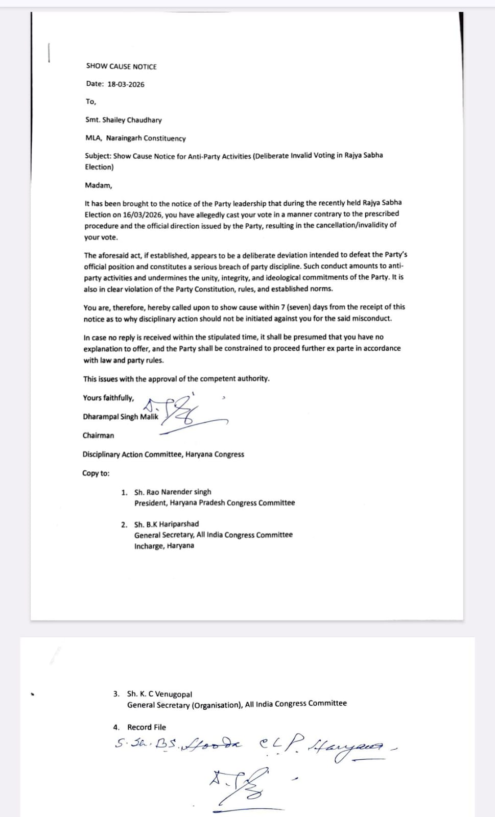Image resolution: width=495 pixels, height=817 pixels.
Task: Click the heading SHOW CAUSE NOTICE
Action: [x=121, y=66]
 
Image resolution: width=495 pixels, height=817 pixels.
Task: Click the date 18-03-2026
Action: [x=126, y=84]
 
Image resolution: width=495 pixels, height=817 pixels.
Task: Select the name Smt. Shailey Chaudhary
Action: [x=123, y=120]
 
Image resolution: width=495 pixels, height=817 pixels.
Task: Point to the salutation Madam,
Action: [x=98, y=185]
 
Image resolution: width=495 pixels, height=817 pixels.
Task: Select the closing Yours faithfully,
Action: [x=108, y=398]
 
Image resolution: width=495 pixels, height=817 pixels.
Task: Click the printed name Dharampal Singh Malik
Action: [x=121, y=417]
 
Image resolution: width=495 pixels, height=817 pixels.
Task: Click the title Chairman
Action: [x=98, y=436]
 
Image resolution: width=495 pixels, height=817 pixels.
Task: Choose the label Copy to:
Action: [x=96, y=473]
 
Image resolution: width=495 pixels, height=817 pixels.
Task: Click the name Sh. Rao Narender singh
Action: [x=172, y=492]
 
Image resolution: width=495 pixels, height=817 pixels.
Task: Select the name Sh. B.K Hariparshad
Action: [x=166, y=524]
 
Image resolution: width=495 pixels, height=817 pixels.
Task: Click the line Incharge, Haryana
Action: [x=164, y=546]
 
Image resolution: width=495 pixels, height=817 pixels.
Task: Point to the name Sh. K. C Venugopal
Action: [x=159, y=694]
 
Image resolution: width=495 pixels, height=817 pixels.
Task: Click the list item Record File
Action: [x=146, y=727]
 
